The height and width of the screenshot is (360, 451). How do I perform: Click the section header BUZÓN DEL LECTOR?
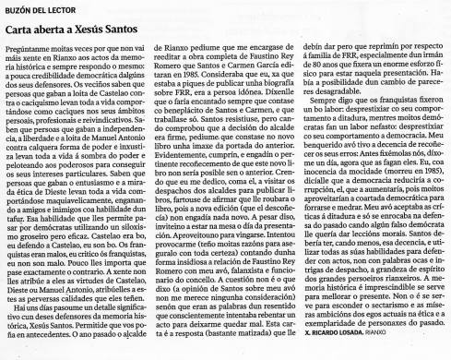click(36, 9)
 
